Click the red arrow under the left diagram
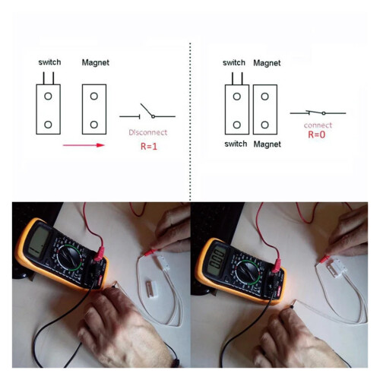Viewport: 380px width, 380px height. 84,145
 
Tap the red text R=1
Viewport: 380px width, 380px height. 149,147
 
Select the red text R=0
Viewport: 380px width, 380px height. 317,135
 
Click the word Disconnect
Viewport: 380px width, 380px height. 148,132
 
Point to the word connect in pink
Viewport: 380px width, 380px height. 318,125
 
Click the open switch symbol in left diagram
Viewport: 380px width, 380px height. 147,113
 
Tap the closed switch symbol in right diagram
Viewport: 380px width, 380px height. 318,112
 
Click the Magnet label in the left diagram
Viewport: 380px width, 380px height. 96,62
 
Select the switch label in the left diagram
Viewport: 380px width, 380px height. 49,62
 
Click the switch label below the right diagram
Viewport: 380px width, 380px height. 236,144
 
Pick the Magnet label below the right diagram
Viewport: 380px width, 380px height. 268,144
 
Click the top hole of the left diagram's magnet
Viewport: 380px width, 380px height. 94,97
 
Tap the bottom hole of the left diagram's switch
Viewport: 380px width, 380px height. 48,125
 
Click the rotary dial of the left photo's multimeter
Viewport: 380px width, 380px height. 69,258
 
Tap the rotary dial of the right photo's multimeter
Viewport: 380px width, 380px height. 248,273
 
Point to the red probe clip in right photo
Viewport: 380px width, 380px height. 325,258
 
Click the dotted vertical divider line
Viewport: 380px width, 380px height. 190,122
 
